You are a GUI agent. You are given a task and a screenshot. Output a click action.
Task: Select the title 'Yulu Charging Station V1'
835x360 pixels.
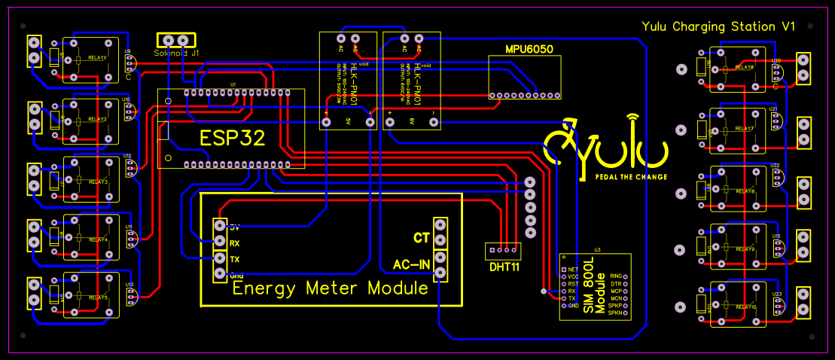718,26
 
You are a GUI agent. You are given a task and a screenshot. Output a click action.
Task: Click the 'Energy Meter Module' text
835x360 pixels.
330,288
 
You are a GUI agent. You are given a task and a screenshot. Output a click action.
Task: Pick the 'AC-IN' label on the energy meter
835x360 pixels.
411,264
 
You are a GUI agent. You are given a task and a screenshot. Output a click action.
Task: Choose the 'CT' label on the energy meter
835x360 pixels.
421,238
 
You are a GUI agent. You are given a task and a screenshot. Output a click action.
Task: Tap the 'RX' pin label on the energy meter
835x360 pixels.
235,243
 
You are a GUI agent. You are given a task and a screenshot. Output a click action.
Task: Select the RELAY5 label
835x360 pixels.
98,298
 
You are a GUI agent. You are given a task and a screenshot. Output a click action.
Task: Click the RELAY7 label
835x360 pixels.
744,129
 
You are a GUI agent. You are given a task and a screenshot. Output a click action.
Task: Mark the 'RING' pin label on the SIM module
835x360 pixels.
615,277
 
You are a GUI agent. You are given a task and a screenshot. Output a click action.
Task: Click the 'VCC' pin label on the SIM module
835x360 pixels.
573,276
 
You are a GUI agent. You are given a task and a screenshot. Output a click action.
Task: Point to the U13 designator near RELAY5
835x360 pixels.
129,285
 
